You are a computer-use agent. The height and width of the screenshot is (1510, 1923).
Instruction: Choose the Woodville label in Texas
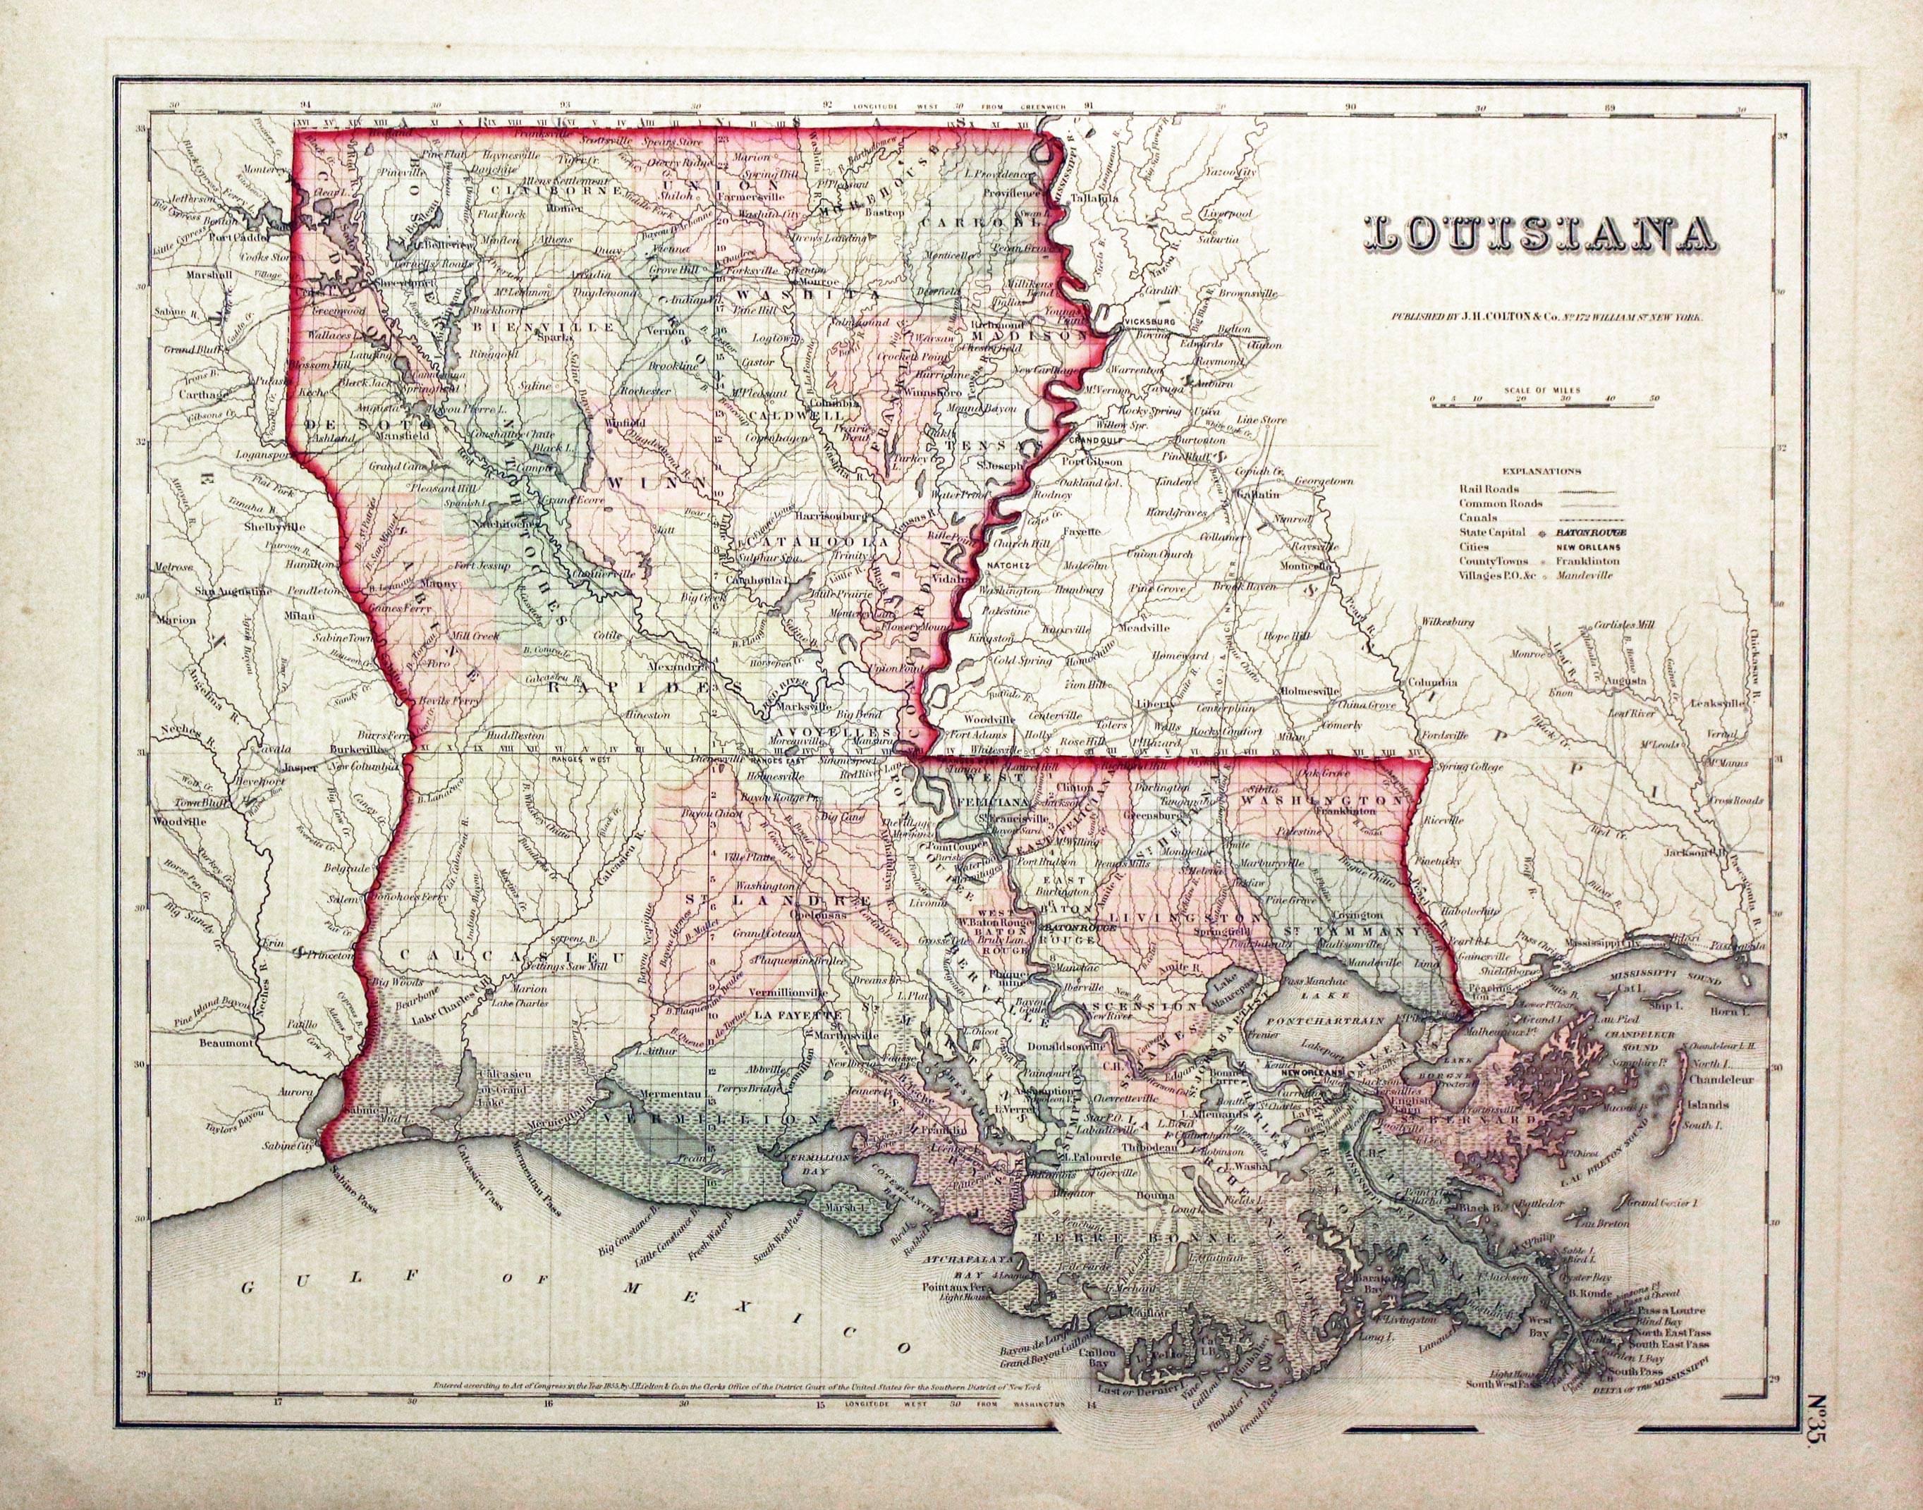(178, 821)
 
